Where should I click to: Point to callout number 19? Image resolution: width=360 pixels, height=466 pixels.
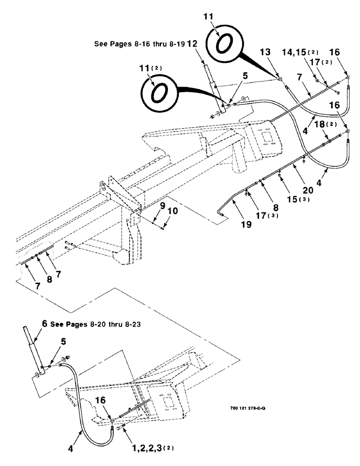[x=247, y=224]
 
